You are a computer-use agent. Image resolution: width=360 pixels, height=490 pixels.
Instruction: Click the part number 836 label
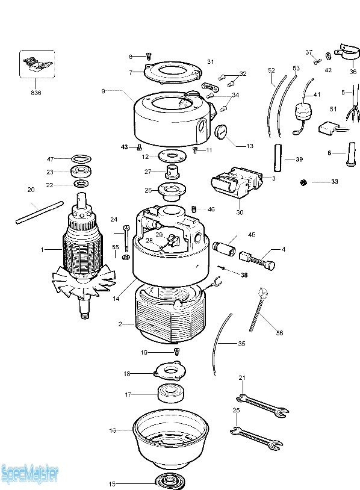[x=36, y=93]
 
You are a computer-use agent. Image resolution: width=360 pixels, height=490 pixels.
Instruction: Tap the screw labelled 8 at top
[x=149, y=57]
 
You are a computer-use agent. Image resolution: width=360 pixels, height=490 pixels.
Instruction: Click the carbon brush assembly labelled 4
[x=257, y=260]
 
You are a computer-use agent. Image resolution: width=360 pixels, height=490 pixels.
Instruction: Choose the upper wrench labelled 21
[x=262, y=405]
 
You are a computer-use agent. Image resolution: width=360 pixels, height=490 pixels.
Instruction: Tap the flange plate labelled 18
[x=170, y=371]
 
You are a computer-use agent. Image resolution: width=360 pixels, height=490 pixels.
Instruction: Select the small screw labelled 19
[x=176, y=352]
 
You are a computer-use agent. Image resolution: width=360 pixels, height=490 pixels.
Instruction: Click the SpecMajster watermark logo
[x=29, y=474]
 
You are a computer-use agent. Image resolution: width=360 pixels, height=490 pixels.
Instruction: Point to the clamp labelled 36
[x=346, y=52]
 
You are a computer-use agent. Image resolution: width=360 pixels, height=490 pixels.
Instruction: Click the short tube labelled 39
[x=278, y=158]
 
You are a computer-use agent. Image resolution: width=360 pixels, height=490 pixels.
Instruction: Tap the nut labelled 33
[x=302, y=182]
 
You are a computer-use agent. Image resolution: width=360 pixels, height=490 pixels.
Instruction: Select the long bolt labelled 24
[x=126, y=238]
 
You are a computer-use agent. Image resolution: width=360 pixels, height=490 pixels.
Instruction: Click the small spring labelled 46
[x=194, y=209]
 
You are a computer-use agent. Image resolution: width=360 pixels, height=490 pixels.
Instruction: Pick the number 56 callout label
[x=279, y=333]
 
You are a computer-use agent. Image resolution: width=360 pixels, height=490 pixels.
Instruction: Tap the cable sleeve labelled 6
[x=351, y=154]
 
